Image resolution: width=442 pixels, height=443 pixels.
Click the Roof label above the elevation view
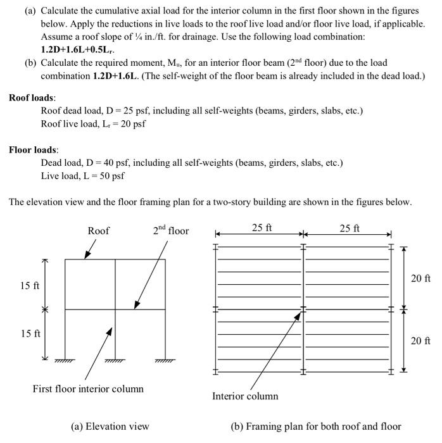click(x=98, y=231)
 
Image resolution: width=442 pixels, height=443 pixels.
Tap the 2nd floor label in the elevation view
click(x=170, y=231)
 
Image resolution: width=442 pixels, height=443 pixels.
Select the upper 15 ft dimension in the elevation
click(x=30, y=285)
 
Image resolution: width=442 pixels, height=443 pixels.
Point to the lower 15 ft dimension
click(x=30, y=334)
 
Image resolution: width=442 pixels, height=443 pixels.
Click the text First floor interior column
click(x=88, y=389)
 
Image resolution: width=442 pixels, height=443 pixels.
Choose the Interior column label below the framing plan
click(x=244, y=396)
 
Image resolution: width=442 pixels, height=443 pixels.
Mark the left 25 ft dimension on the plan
click(x=262, y=228)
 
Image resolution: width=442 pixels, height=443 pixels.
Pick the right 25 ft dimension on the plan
click(x=349, y=228)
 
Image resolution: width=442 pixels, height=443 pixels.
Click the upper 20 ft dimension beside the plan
click(x=420, y=278)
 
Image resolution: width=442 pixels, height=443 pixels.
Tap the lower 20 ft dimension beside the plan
click(x=420, y=341)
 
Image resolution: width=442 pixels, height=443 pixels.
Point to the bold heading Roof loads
click(x=32, y=98)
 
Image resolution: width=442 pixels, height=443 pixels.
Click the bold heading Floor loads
click(x=33, y=150)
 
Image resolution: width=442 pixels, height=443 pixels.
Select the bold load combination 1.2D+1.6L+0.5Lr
click(x=78, y=49)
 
